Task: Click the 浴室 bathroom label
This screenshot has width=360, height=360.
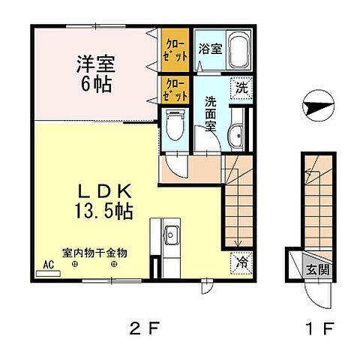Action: pyautogui.click(x=208, y=50)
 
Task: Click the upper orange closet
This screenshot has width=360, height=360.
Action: pyautogui.click(x=176, y=50)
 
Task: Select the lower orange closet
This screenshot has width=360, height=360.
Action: pyautogui.click(x=176, y=90)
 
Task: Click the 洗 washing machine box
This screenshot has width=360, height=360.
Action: pyautogui.click(x=241, y=87)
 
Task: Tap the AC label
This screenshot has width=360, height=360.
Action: pyautogui.click(x=48, y=265)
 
